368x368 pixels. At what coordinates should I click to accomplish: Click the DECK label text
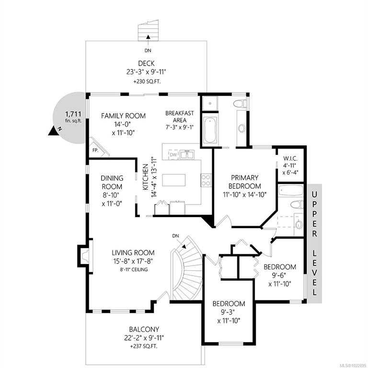click(x=146, y=63)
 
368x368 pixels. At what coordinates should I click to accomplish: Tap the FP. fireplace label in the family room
click(x=95, y=150)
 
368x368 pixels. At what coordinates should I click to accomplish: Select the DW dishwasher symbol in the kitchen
click(x=173, y=155)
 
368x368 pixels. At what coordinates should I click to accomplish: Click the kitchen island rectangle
click(x=173, y=180)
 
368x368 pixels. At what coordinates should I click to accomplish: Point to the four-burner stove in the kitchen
click(x=206, y=180)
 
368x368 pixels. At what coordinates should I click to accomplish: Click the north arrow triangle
click(x=53, y=131)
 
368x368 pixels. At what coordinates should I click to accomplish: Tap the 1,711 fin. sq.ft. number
click(x=73, y=115)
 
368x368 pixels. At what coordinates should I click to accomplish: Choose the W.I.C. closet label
click(x=290, y=158)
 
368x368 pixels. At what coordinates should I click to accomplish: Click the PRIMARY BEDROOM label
click(x=244, y=182)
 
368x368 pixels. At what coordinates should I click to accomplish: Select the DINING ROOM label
click(x=112, y=183)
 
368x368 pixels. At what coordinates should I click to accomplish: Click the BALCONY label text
click(x=144, y=329)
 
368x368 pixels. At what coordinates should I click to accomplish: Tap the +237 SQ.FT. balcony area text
click(x=144, y=346)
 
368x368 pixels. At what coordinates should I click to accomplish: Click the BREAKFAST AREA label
click(x=180, y=116)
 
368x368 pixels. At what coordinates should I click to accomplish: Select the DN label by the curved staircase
click(x=175, y=236)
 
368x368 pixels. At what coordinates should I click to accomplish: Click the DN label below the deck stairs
click(x=148, y=50)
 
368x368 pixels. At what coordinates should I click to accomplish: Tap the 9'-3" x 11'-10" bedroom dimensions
click(x=229, y=316)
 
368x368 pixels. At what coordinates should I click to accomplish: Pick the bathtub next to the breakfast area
click(x=210, y=130)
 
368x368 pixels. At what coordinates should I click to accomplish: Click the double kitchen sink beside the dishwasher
click(x=187, y=154)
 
